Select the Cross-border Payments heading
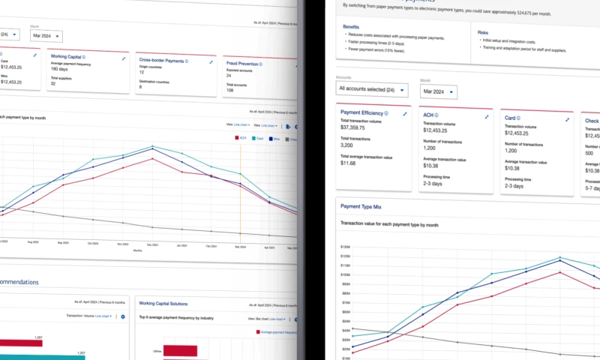point(163,60)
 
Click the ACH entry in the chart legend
point(241,138)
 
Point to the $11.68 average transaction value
point(348,163)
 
